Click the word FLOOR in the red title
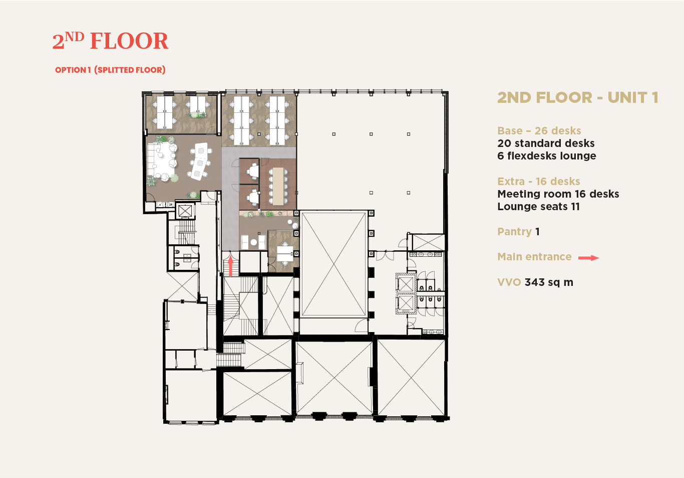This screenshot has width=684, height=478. [129, 41]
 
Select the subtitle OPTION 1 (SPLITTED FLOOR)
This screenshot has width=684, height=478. [110, 70]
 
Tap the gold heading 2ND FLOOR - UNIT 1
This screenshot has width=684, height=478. [578, 98]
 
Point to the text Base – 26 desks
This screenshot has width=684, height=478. [539, 130]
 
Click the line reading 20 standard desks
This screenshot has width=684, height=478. [546, 143]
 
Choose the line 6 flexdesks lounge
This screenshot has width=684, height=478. [547, 155]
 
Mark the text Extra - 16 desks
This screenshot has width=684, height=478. [539, 182]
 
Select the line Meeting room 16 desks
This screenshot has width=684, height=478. [558, 194]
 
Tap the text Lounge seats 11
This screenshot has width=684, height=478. [538, 207]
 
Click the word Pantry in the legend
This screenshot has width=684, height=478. [515, 232]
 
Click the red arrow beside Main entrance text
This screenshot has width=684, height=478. [589, 258]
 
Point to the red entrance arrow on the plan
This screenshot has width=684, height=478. [230, 266]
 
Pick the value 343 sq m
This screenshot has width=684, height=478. [549, 282]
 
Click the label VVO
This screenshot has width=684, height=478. [509, 282]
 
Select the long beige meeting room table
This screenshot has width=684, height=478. [278, 186]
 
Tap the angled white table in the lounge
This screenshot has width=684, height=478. [199, 161]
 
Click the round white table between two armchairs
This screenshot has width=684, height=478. [253, 242]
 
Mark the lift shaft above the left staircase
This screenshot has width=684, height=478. [185, 211]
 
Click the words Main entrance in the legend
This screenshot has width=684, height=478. [534, 257]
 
